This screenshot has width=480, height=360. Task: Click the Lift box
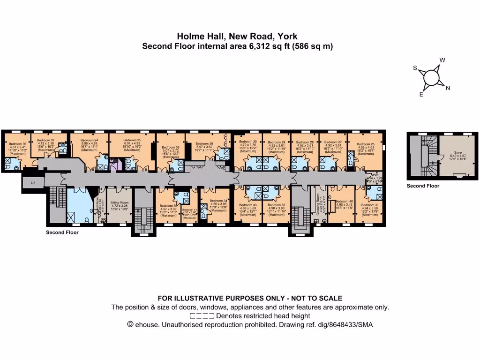click(x=32, y=182)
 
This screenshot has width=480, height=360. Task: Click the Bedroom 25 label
click(x=132, y=140)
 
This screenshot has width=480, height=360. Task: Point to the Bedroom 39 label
click(x=204, y=143)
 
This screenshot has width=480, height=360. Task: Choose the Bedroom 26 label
click(x=366, y=144)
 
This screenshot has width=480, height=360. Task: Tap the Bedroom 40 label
click(x=345, y=201)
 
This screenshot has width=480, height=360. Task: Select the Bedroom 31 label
click(x=370, y=205)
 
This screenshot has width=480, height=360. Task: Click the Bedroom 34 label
click(x=218, y=201)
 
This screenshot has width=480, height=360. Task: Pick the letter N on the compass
click(x=448, y=88)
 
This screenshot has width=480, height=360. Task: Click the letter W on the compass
click(x=442, y=60)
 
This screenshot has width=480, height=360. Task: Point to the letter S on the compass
click(x=415, y=68)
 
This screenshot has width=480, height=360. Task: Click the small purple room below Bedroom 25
click(x=115, y=164)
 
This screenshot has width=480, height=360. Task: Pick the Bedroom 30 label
click(x=248, y=142)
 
